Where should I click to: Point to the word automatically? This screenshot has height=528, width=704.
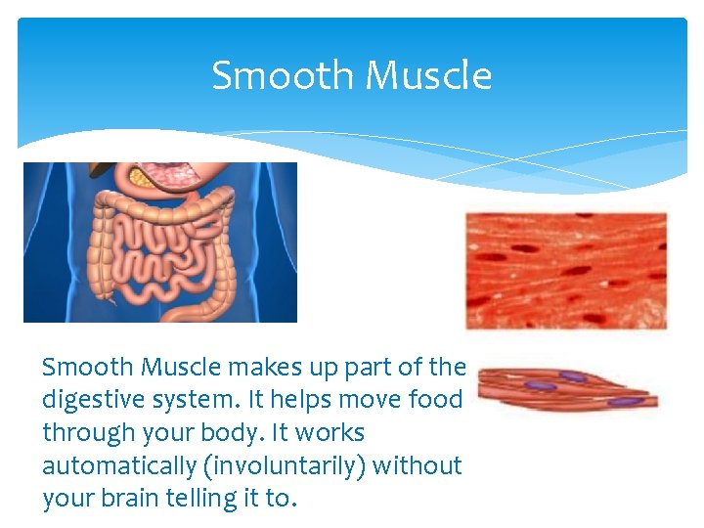coord(119,465)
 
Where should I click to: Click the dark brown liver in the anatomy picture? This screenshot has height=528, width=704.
coord(103,169)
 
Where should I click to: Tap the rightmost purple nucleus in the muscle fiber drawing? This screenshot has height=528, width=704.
coord(622,401)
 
